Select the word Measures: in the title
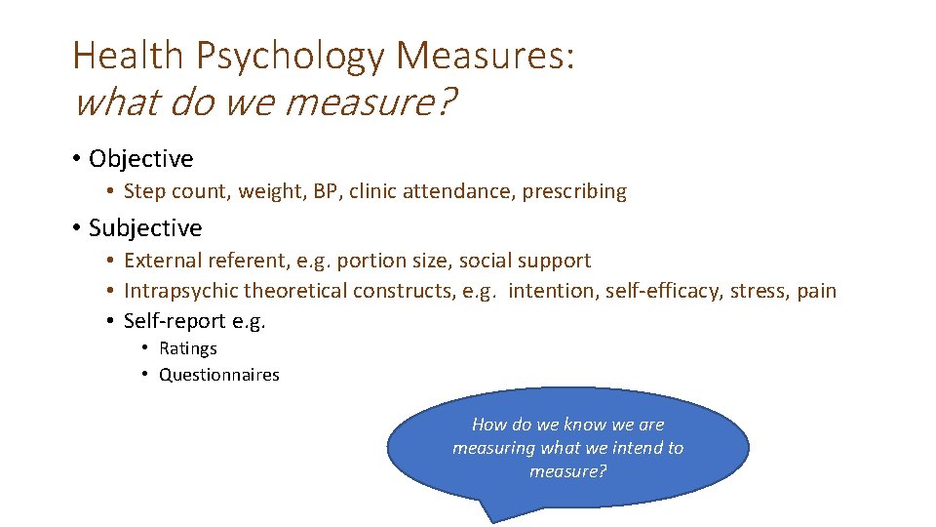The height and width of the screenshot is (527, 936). pos(485,56)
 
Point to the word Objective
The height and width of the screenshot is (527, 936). pos(140,158)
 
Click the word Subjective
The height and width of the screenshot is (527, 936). pos(145,227)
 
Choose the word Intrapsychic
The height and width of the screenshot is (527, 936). pos(181,291)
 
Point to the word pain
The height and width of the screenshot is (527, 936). pos(815,291)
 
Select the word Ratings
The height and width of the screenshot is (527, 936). pos(188,348)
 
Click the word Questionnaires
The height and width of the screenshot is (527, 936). pos(219,375)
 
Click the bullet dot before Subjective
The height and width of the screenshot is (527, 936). pos(75,228)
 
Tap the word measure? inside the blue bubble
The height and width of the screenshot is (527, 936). pos(568,471)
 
